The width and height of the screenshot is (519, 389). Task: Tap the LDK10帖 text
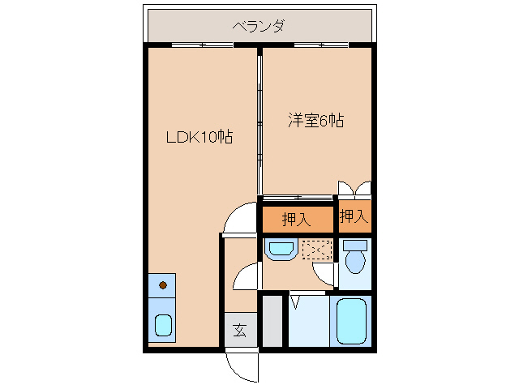[x=199, y=138]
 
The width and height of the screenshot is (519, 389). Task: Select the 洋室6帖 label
[x=316, y=122]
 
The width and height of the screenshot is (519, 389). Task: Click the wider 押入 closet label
[x=297, y=219]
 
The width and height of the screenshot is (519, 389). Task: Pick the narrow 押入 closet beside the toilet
[x=354, y=216]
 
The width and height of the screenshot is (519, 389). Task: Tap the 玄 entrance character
[x=240, y=330]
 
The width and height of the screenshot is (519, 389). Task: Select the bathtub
[x=352, y=321]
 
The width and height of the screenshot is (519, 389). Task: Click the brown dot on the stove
[x=163, y=284]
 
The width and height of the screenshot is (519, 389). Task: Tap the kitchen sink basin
[x=163, y=326]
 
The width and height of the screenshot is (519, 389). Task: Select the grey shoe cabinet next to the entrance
[x=272, y=322]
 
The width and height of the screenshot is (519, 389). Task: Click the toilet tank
[x=354, y=245]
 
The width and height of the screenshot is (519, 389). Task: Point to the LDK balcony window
[x=198, y=45]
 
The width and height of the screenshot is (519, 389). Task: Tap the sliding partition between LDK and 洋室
[x=259, y=122]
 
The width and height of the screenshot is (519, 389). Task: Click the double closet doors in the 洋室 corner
[x=354, y=188]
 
